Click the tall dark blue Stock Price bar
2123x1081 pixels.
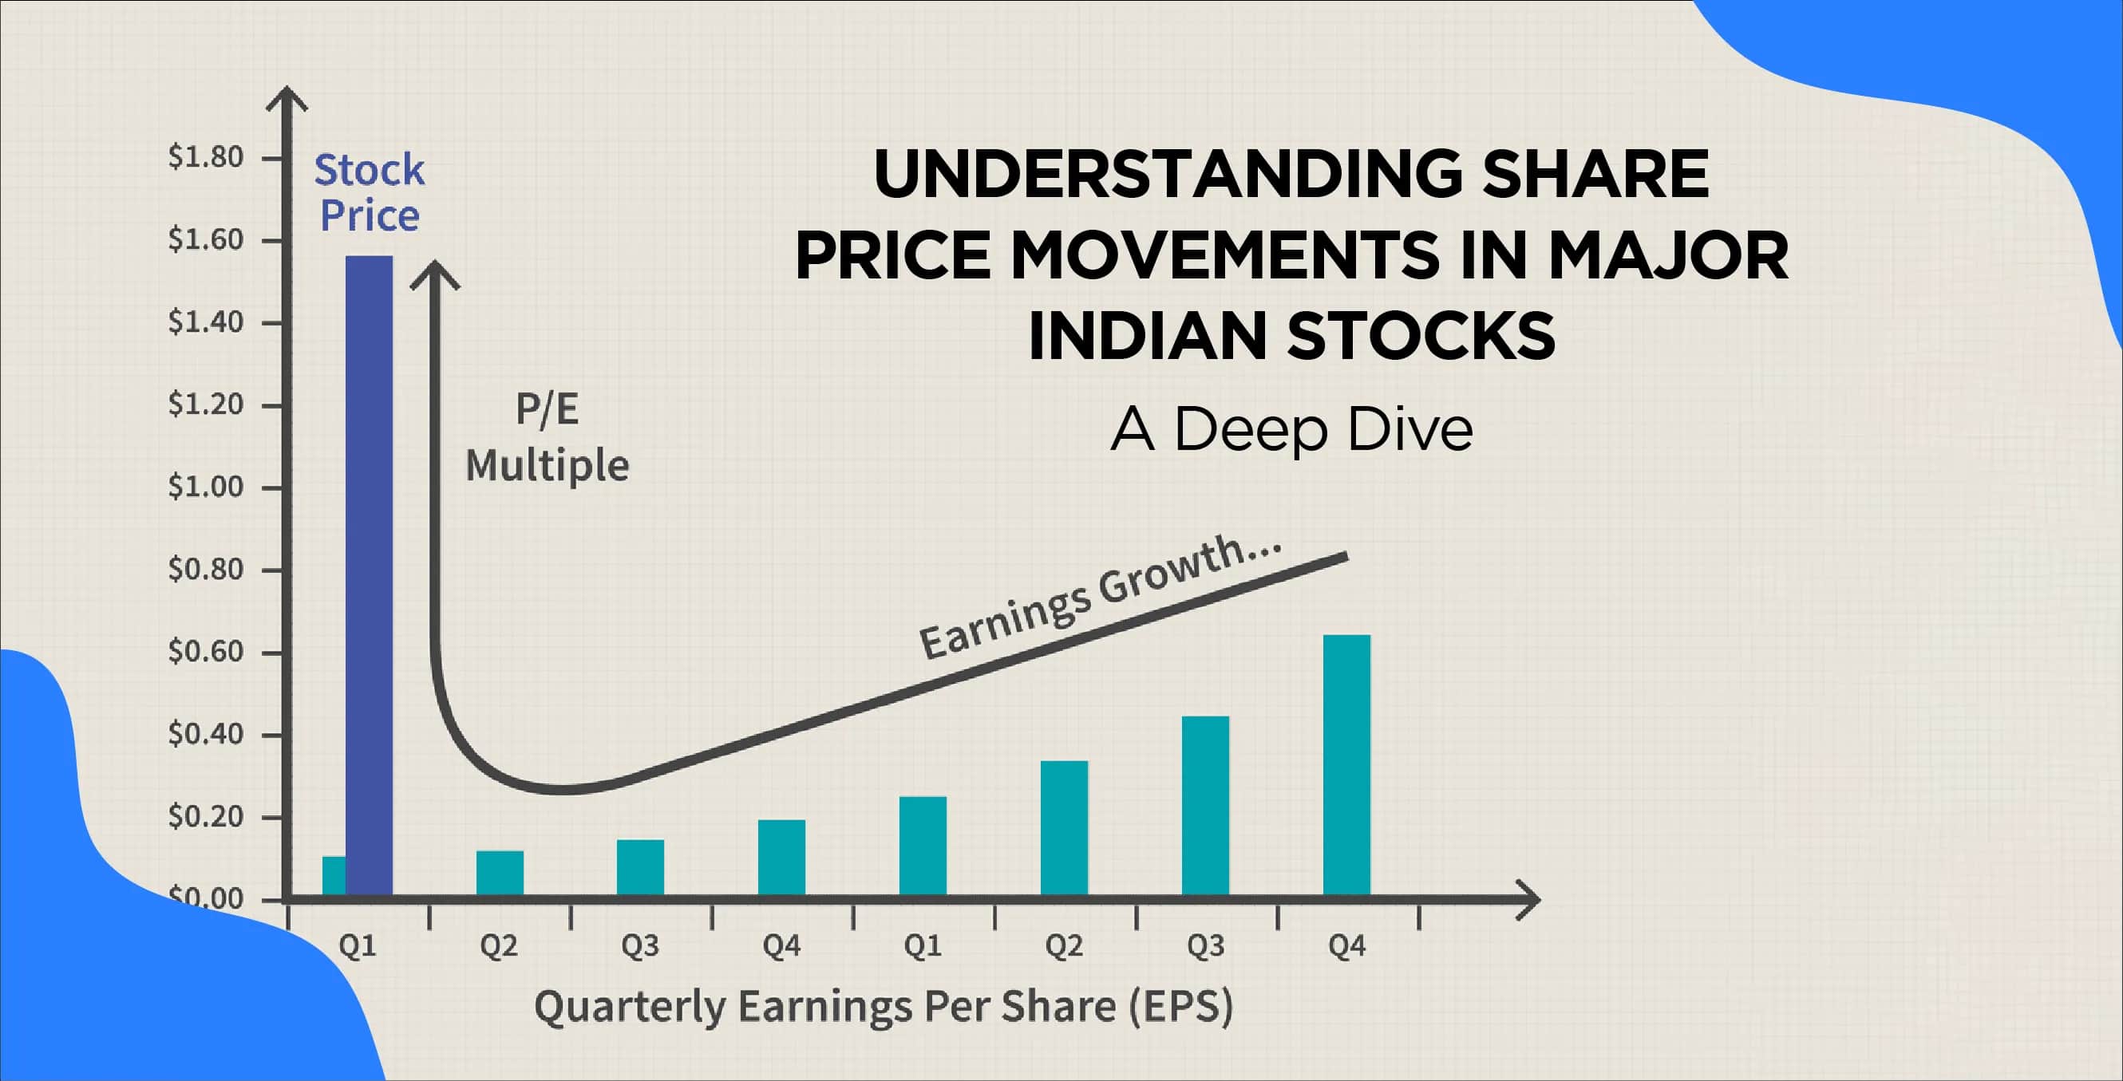point(369,575)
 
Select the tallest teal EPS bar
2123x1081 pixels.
point(1346,764)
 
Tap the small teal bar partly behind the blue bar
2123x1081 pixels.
point(334,876)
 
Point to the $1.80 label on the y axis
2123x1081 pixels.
point(206,156)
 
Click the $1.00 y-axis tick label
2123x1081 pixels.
point(206,487)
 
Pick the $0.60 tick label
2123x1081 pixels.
point(206,652)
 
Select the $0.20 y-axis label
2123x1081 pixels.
point(206,816)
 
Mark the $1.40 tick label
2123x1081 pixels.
point(206,322)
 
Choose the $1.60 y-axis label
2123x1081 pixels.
point(206,240)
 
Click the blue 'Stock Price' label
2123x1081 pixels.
point(370,193)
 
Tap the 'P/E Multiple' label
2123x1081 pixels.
point(548,437)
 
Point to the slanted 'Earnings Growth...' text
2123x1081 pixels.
point(1101,597)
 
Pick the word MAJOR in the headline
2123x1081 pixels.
point(1668,255)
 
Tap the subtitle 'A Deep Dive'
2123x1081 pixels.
point(1291,430)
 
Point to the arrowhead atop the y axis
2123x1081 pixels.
point(286,99)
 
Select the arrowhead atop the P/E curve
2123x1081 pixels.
point(434,275)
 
